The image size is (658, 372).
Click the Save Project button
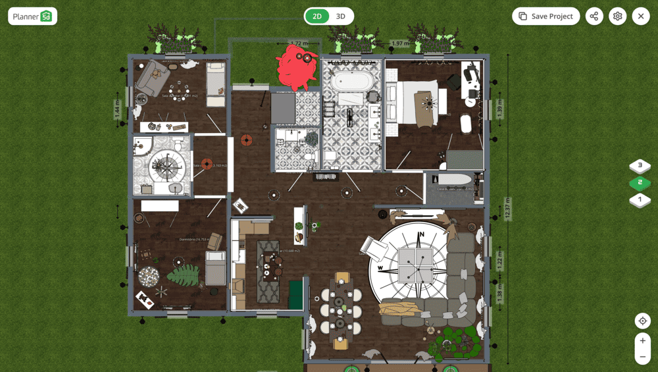[x=545, y=16]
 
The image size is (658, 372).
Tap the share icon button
[x=594, y=16]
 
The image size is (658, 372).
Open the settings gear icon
[x=617, y=16]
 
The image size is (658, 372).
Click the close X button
[x=641, y=16]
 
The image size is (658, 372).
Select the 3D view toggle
[x=340, y=16]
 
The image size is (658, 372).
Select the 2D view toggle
[x=317, y=16]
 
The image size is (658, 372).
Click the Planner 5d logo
[x=32, y=16]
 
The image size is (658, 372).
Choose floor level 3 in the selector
[x=640, y=166]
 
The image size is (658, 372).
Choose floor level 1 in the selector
[x=640, y=199]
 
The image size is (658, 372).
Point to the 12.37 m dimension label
[x=507, y=209]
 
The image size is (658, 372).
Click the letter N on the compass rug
[x=422, y=234]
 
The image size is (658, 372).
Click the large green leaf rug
[x=184, y=275]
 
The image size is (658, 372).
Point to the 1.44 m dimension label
[x=118, y=108]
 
